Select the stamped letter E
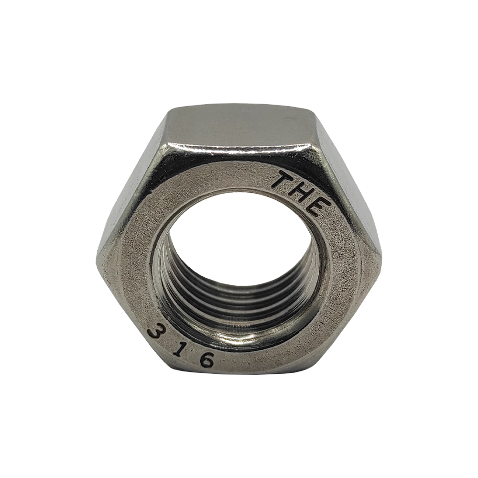coord(319,207)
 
